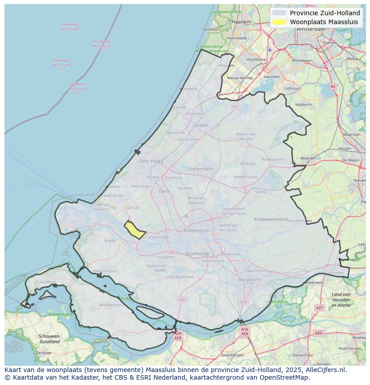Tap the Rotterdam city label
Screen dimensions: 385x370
pos(197,231)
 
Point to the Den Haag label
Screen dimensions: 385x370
pos(151,161)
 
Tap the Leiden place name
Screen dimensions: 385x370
pos(201,125)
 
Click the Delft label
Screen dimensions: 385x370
pos(164,191)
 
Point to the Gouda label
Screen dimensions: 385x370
pos(261,191)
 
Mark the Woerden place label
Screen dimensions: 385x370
pos(308,158)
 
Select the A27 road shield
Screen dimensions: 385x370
pos(319,308)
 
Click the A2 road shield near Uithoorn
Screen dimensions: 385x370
pos(332,86)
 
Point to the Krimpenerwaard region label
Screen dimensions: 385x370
pos(271,220)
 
